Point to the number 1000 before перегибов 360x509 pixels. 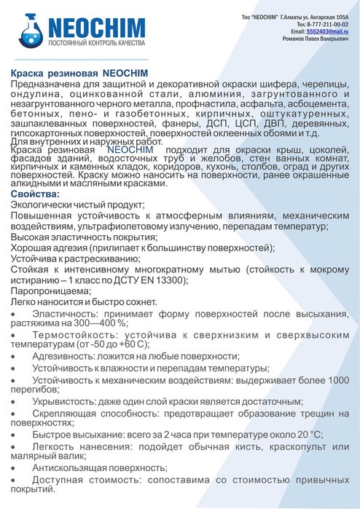[337, 380]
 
